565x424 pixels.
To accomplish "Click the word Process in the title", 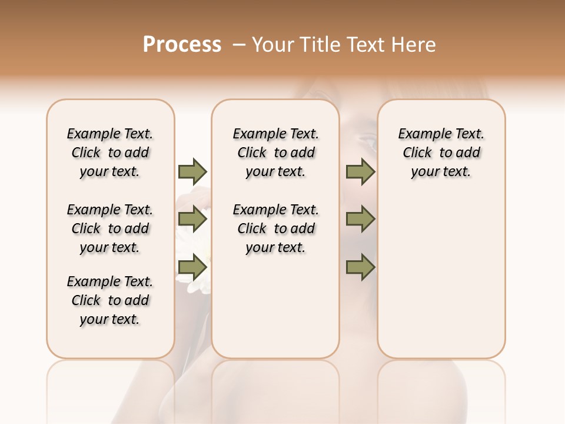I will click(x=182, y=44).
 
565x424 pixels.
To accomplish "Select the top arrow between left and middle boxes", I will click(x=192, y=171).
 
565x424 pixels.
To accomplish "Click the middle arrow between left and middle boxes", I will click(x=192, y=220).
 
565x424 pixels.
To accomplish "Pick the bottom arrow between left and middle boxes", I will click(x=192, y=267).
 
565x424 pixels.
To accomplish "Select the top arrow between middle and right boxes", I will click(x=360, y=171).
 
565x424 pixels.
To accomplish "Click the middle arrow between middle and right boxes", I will click(x=360, y=220).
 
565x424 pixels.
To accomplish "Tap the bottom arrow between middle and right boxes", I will click(x=360, y=267).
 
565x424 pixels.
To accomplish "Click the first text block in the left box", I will click(x=110, y=153).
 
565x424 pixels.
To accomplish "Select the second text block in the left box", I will click(x=110, y=228).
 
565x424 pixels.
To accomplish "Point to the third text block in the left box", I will click(x=110, y=300).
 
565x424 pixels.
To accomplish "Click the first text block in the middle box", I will click(x=275, y=153).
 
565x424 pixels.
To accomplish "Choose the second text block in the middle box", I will click(x=275, y=228).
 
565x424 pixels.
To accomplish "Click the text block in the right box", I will click(x=441, y=153).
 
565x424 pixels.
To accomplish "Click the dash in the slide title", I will click(x=239, y=45).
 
